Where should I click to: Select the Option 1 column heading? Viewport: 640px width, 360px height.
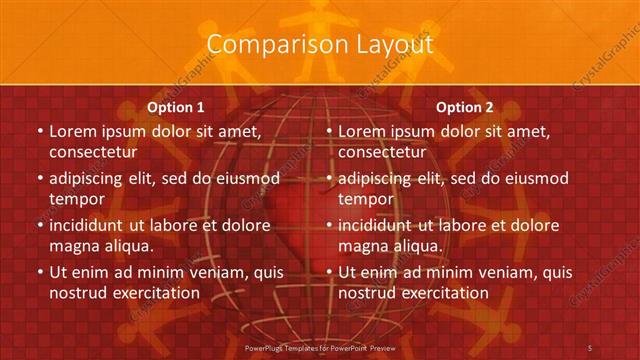[176, 107]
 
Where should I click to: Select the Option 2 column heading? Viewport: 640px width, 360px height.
[465, 107]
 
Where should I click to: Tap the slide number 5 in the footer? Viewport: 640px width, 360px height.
[590, 347]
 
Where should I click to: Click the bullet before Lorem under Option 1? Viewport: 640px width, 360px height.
[39, 131]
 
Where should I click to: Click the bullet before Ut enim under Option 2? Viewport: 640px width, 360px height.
[328, 272]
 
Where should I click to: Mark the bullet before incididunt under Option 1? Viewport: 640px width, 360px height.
[39, 225]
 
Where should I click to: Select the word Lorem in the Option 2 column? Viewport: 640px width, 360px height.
[362, 131]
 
